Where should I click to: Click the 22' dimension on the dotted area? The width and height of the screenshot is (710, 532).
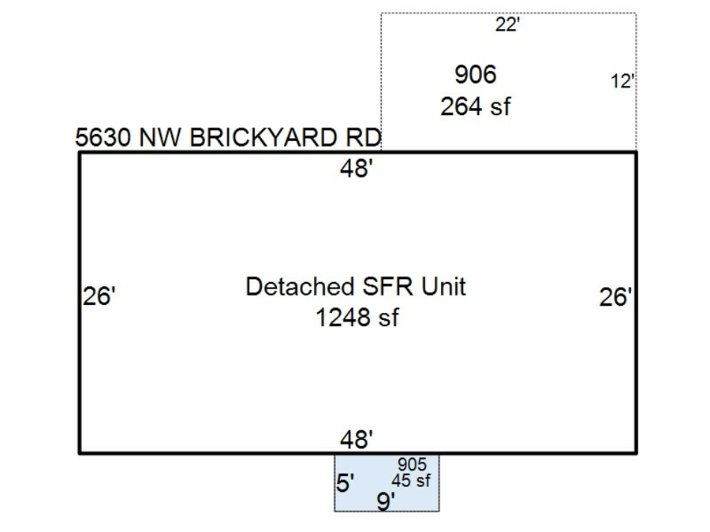pos(507,24)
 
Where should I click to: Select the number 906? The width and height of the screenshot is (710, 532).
pos(476,75)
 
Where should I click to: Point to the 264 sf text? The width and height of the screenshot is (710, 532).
pos(475,106)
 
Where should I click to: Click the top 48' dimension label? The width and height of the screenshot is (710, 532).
pos(357,169)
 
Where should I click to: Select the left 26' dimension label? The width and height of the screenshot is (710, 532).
pos(100,298)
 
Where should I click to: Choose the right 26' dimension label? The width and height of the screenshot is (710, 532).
pos(616,298)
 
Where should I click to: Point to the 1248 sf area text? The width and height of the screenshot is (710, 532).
pos(357,318)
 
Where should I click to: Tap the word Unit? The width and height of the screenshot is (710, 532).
pos(443,286)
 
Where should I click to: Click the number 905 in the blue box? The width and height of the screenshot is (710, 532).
pos(412,466)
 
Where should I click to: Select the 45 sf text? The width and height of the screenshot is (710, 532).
pos(411,481)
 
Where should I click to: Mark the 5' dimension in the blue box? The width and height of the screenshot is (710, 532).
pos(346,482)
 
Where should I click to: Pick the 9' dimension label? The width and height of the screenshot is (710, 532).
pos(385,501)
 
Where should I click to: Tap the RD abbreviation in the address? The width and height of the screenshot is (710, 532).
pos(364,138)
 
